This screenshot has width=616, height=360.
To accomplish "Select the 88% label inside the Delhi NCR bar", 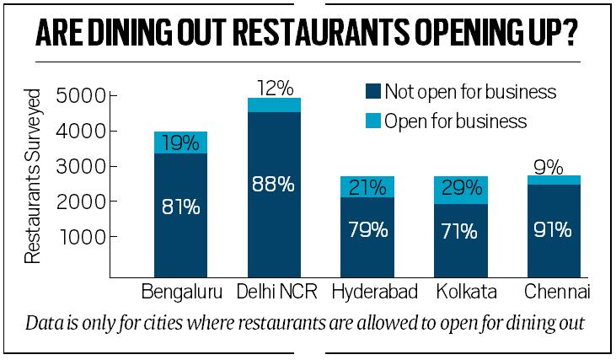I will (275, 184).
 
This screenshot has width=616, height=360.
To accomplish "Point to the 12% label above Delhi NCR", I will (275, 88).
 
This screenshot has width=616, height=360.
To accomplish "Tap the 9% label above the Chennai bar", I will (553, 167).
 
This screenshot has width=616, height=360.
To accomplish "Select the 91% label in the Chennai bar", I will (553, 229).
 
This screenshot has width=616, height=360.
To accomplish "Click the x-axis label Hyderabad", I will (367, 294).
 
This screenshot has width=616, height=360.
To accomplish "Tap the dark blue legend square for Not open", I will (371, 91).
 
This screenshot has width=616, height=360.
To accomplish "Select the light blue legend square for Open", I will (371, 121).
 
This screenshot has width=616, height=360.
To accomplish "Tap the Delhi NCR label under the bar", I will (275, 294).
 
